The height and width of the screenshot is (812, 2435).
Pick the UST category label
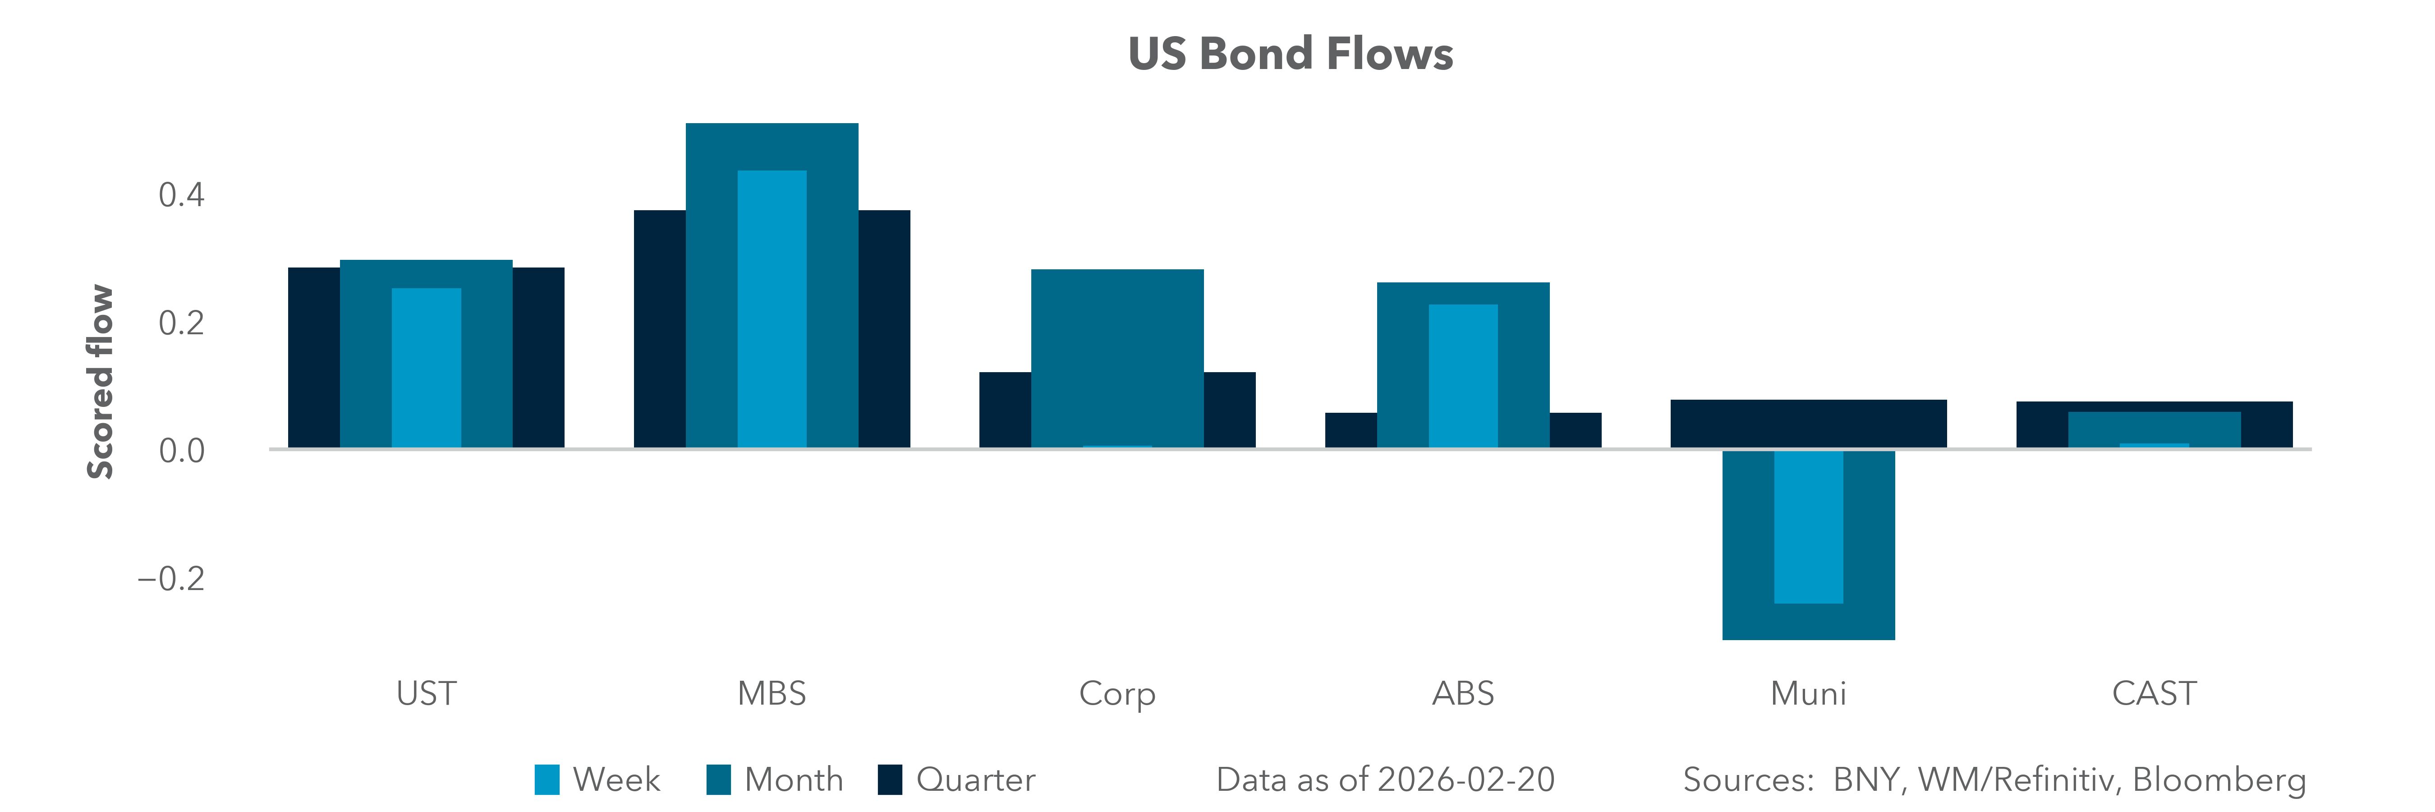click(x=426, y=694)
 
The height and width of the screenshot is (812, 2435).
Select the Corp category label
click(x=1117, y=694)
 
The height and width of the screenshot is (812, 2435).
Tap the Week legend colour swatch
click(x=547, y=780)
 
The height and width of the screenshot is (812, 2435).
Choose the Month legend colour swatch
click(x=718, y=780)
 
